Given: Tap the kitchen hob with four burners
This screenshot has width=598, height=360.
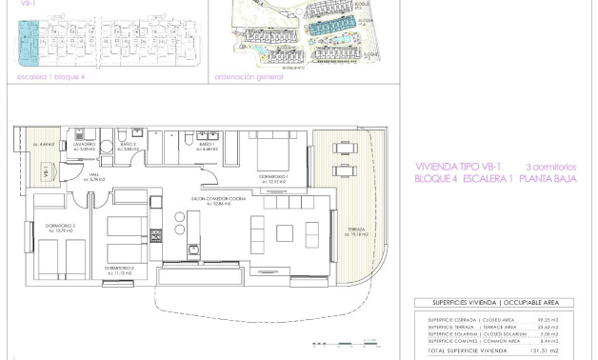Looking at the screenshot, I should click(179, 230).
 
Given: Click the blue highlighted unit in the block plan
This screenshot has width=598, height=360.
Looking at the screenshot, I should click(24, 37).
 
